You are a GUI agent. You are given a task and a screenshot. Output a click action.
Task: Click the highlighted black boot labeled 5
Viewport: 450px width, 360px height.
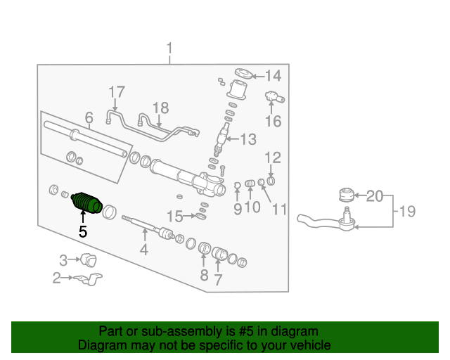click(x=87, y=202)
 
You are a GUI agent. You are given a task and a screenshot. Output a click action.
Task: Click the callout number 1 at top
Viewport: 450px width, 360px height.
click(x=169, y=48)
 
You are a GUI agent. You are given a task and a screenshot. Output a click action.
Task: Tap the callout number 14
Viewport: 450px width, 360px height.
click(x=272, y=76)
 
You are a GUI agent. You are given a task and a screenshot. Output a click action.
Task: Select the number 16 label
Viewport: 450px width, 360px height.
click(x=273, y=122)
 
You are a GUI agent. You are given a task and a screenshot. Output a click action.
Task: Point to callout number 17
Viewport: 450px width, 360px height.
click(x=116, y=91)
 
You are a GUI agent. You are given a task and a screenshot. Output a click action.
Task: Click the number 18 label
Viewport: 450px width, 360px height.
click(x=161, y=108)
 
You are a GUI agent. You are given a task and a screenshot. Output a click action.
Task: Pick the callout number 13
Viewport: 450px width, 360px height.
click(x=248, y=139)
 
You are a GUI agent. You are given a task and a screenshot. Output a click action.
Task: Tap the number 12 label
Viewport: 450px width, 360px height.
click(x=273, y=157)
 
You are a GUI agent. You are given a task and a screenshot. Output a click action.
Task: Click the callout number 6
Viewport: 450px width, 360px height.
click(x=89, y=117)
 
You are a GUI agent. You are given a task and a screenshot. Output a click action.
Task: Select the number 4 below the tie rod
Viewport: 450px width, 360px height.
click(x=143, y=249)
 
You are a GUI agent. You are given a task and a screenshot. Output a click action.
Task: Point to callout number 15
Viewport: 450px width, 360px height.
click(x=174, y=216)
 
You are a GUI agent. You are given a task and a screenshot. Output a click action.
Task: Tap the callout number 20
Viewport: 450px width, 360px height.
click(x=375, y=195)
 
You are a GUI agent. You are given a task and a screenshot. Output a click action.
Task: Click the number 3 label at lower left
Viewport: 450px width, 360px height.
click(x=63, y=260)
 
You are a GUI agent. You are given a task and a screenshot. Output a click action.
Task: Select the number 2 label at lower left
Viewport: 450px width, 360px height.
click(x=57, y=278)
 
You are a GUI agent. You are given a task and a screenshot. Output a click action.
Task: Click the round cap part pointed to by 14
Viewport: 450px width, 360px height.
click(x=243, y=74)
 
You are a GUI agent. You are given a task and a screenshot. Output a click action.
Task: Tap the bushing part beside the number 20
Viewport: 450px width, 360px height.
click(x=345, y=193)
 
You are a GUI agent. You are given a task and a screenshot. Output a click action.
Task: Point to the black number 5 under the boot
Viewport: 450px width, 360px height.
click(x=83, y=231)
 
